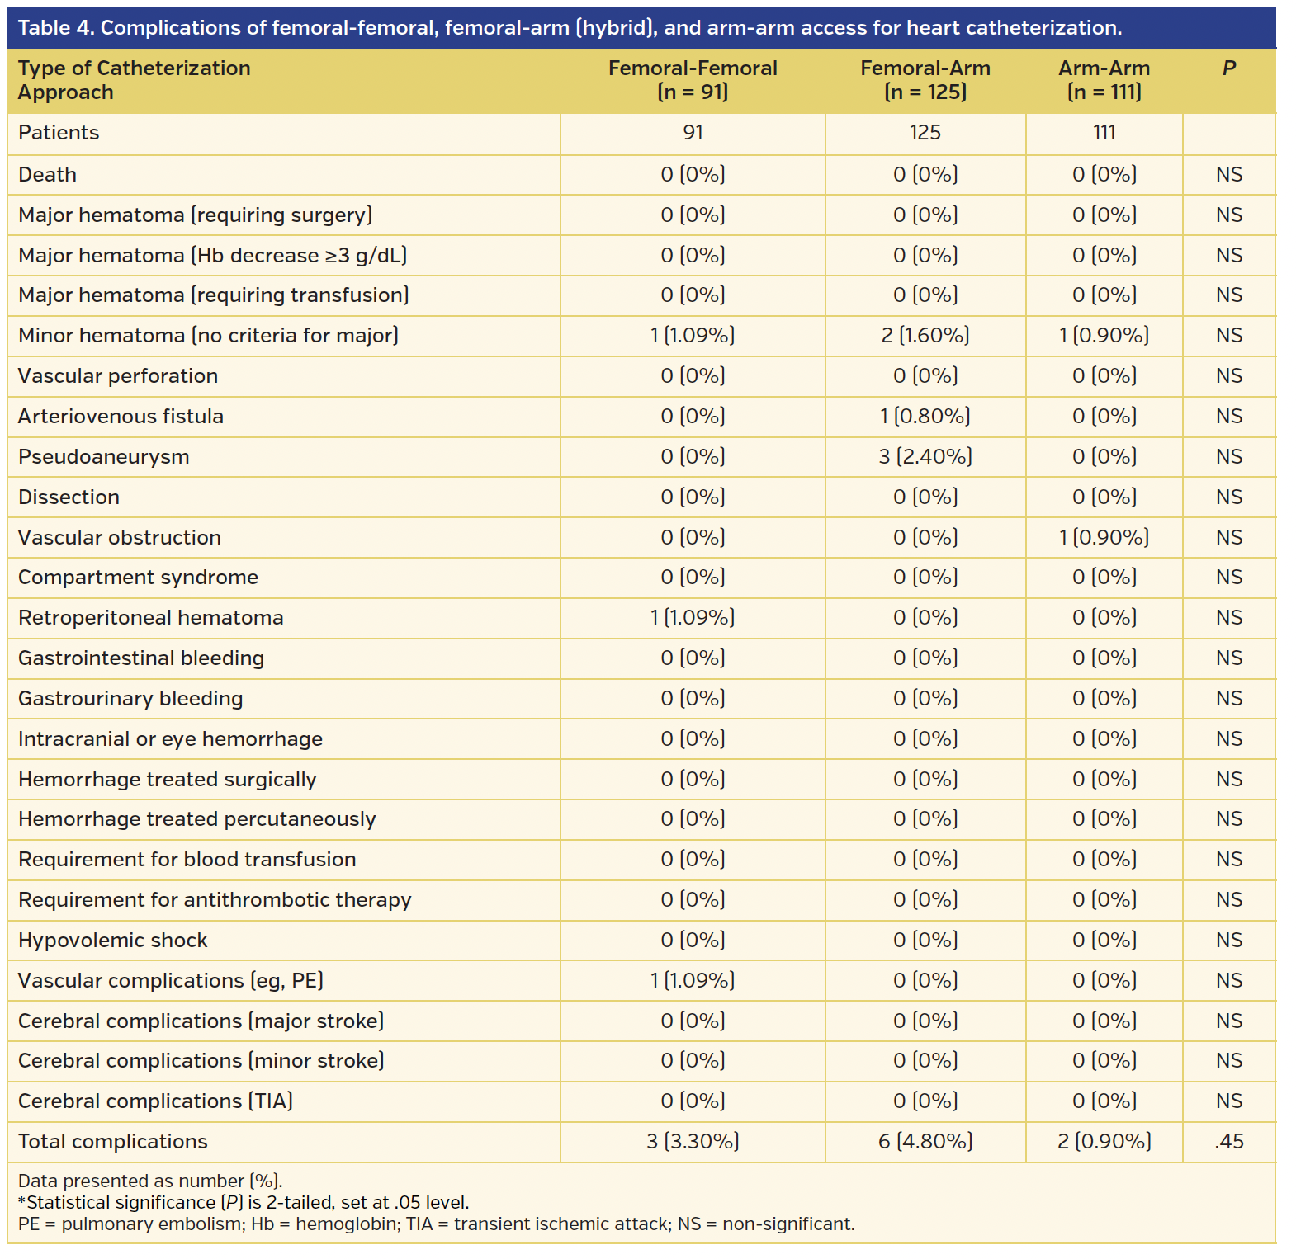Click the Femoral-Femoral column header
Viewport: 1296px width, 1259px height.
click(693, 80)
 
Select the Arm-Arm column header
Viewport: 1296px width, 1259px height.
click(1104, 80)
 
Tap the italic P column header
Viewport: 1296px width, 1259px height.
click(1228, 68)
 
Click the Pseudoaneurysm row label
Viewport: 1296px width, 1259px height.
click(104, 457)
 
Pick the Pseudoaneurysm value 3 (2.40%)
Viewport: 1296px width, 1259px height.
click(925, 457)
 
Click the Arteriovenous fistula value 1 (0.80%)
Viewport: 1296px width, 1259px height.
click(925, 417)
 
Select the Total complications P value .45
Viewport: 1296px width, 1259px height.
click(1228, 1142)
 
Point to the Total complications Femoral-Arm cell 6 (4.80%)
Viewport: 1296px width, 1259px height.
click(925, 1142)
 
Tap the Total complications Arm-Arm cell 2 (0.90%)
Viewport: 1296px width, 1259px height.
click(1104, 1142)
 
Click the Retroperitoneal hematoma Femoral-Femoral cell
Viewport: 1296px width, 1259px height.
click(693, 618)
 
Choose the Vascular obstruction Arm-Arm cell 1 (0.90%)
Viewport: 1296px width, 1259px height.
click(1104, 538)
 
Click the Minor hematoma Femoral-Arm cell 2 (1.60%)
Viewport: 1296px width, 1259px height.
click(925, 336)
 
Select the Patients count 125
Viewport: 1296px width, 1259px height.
click(925, 133)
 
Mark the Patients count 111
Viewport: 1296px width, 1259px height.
click(1104, 133)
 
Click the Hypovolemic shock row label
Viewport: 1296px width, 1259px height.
click(113, 941)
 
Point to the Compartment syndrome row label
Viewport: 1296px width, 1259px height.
click(138, 578)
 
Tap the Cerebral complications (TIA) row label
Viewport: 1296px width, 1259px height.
click(155, 1101)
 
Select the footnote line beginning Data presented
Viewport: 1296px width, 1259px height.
click(150, 1181)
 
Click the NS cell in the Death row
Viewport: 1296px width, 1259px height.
click(1228, 175)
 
